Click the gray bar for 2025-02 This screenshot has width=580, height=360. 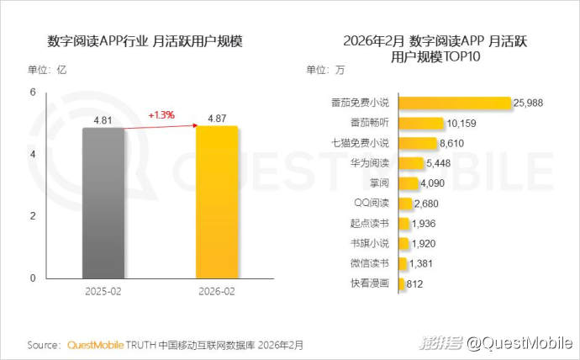pos(103,204)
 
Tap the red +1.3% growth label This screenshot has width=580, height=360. pos(161,114)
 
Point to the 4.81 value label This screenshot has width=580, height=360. pos(104,120)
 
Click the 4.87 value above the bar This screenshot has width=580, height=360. pos(217,119)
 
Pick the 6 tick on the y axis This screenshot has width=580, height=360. pos(33,93)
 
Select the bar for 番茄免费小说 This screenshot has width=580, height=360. pos(454,103)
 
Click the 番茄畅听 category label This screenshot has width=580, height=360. pos(368,123)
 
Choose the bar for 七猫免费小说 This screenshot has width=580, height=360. pos(418,143)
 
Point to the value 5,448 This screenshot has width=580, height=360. pos(442,163)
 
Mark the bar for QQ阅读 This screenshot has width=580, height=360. pos(404,204)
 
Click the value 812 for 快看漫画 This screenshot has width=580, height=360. pos(414,284)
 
